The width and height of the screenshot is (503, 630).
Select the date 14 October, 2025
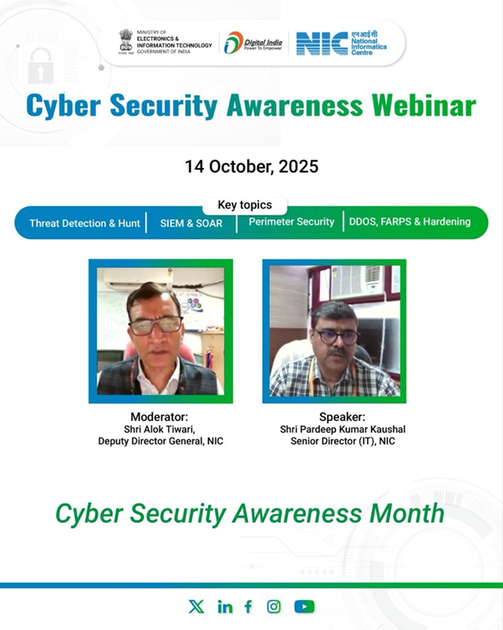251,166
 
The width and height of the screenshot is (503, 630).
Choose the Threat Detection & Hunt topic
84,223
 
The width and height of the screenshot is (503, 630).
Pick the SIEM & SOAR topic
191,223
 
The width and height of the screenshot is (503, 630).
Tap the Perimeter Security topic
292,222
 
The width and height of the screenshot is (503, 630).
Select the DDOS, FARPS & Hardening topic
410,222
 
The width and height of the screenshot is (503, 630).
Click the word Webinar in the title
424,105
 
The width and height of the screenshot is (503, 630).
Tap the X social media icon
196,607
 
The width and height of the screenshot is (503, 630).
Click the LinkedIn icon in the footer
225,607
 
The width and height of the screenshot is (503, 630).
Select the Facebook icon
248,607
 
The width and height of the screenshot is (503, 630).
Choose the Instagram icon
273,607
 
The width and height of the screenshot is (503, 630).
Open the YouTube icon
304,607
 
